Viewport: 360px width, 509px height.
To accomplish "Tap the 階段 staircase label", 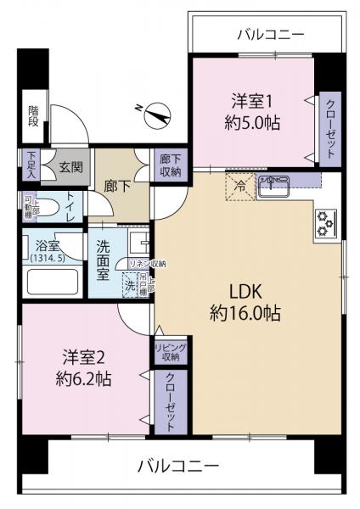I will click(x=34, y=116).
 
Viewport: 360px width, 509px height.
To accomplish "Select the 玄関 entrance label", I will click(x=69, y=165).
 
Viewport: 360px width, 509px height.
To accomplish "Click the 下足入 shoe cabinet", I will click(x=31, y=165).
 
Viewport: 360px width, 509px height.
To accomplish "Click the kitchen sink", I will click(x=273, y=184).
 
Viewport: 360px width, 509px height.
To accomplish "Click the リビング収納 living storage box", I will click(x=169, y=352).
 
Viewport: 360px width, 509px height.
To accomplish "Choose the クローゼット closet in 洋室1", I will click(x=329, y=128).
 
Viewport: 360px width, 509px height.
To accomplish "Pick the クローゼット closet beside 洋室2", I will click(x=169, y=403).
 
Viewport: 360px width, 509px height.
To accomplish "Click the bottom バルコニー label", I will click(x=178, y=466).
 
